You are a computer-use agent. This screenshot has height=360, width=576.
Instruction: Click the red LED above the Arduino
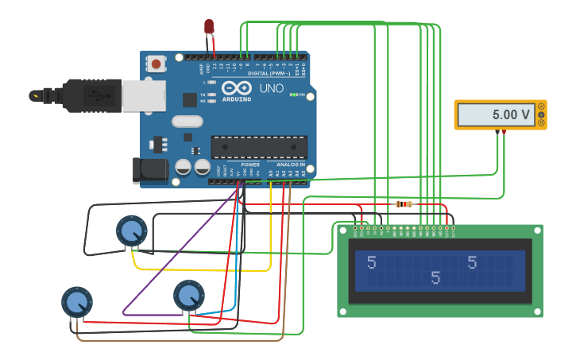(209, 27)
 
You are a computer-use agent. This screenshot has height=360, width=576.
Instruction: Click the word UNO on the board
(272, 89)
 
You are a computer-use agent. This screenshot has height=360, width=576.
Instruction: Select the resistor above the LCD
(404, 204)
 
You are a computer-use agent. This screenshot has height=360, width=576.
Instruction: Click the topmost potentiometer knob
(131, 231)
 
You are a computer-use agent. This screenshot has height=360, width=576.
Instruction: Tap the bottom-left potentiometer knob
(77, 302)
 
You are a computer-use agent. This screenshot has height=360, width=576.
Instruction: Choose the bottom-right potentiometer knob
(188, 296)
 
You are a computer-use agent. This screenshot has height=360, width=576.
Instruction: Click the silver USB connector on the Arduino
(143, 95)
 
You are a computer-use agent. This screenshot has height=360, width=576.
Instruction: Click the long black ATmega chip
(258, 147)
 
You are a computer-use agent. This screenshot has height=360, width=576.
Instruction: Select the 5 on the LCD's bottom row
(435, 277)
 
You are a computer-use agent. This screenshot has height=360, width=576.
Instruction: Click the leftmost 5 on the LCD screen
(372, 262)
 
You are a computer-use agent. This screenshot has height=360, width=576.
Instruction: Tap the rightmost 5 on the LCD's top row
(473, 262)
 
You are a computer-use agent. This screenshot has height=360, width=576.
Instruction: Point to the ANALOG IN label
(290, 165)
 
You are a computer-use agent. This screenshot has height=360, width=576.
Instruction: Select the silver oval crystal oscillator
(187, 122)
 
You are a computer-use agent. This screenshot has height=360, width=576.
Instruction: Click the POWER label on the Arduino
(250, 165)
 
